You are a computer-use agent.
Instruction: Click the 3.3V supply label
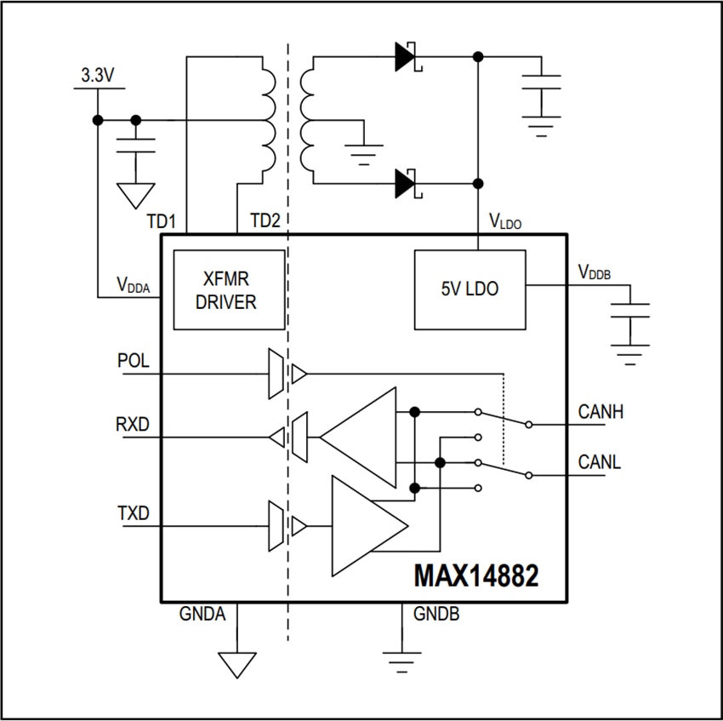pos(98,75)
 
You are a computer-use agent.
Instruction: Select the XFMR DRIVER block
pos(230,290)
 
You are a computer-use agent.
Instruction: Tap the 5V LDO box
pos(470,289)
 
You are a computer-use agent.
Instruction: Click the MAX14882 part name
pos(475,577)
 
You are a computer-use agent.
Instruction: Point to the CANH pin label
pos(601,413)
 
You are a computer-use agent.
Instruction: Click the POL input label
pos(134,360)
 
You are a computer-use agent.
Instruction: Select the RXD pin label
pos(134,424)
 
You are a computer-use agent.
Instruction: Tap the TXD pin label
pos(134,513)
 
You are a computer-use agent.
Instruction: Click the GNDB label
pos(436,614)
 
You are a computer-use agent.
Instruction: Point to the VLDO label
pos(505,222)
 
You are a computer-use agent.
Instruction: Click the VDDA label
pos(134,285)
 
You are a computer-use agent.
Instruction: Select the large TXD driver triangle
pos(364,526)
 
